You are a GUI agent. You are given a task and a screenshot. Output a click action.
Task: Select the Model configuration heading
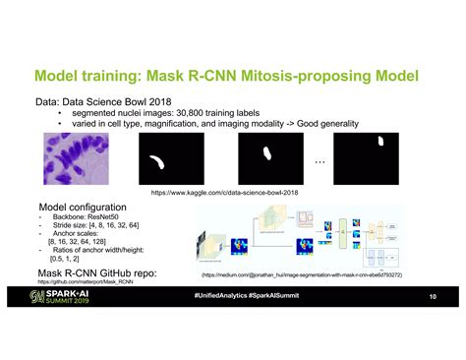point(83,208)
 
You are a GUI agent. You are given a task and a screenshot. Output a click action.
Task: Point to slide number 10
point(432,297)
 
